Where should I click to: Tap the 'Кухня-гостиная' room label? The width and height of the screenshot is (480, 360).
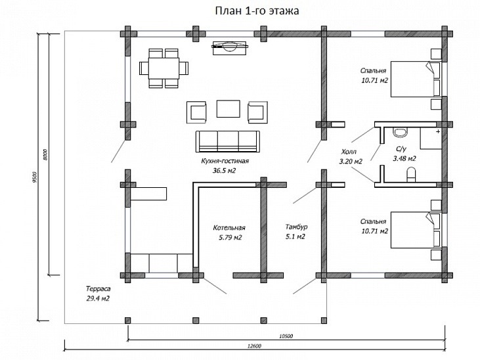[x=225, y=160]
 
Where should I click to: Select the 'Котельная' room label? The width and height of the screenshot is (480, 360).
[x=229, y=228]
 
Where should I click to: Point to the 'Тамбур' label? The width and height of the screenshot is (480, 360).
[x=296, y=227]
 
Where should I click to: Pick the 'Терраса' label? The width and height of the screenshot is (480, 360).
[x=97, y=288]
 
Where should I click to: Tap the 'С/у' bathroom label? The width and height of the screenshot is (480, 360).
[x=400, y=150]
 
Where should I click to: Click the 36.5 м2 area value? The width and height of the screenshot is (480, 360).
[x=225, y=170]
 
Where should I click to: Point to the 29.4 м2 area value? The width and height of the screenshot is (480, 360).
[x=97, y=298]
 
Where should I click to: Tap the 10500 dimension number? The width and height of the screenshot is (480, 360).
[x=286, y=336]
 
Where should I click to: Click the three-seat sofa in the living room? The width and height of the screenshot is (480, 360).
[x=227, y=141]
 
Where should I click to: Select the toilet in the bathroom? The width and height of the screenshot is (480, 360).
[x=412, y=175]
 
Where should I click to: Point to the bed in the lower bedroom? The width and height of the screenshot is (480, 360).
[x=417, y=229]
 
